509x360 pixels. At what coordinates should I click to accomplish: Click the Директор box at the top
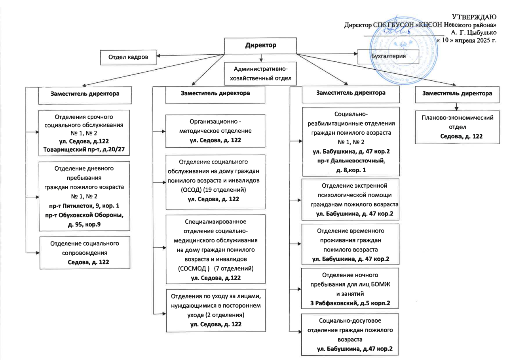[260, 46]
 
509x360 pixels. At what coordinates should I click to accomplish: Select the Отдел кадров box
[128, 57]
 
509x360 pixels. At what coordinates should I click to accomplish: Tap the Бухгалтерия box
[388, 56]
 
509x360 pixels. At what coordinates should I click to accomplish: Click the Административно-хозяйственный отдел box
[261, 73]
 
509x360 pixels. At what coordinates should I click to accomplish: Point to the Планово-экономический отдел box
[458, 127]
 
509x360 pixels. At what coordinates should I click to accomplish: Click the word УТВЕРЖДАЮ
[474, 17]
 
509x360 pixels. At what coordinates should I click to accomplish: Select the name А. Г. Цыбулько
[473, 32]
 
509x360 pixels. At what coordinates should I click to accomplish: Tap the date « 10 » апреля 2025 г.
[467, 40]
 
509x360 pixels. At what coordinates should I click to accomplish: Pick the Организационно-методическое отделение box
[215, 131]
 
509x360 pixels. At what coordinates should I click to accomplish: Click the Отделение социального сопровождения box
[85, 253]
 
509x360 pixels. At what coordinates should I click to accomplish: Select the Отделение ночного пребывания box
[350, 288]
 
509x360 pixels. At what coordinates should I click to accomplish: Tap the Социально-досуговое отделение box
[350, 334]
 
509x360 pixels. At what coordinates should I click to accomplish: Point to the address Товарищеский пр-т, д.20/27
[84, 150]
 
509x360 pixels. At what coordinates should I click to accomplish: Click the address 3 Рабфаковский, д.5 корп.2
[350, 303]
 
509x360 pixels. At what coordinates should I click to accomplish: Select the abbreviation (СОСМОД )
[194, 269]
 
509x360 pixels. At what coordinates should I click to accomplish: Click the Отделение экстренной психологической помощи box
[350, 200]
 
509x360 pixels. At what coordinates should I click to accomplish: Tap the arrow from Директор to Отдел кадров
[190, 55]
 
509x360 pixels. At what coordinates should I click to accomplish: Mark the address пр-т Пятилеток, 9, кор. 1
[84, 206]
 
